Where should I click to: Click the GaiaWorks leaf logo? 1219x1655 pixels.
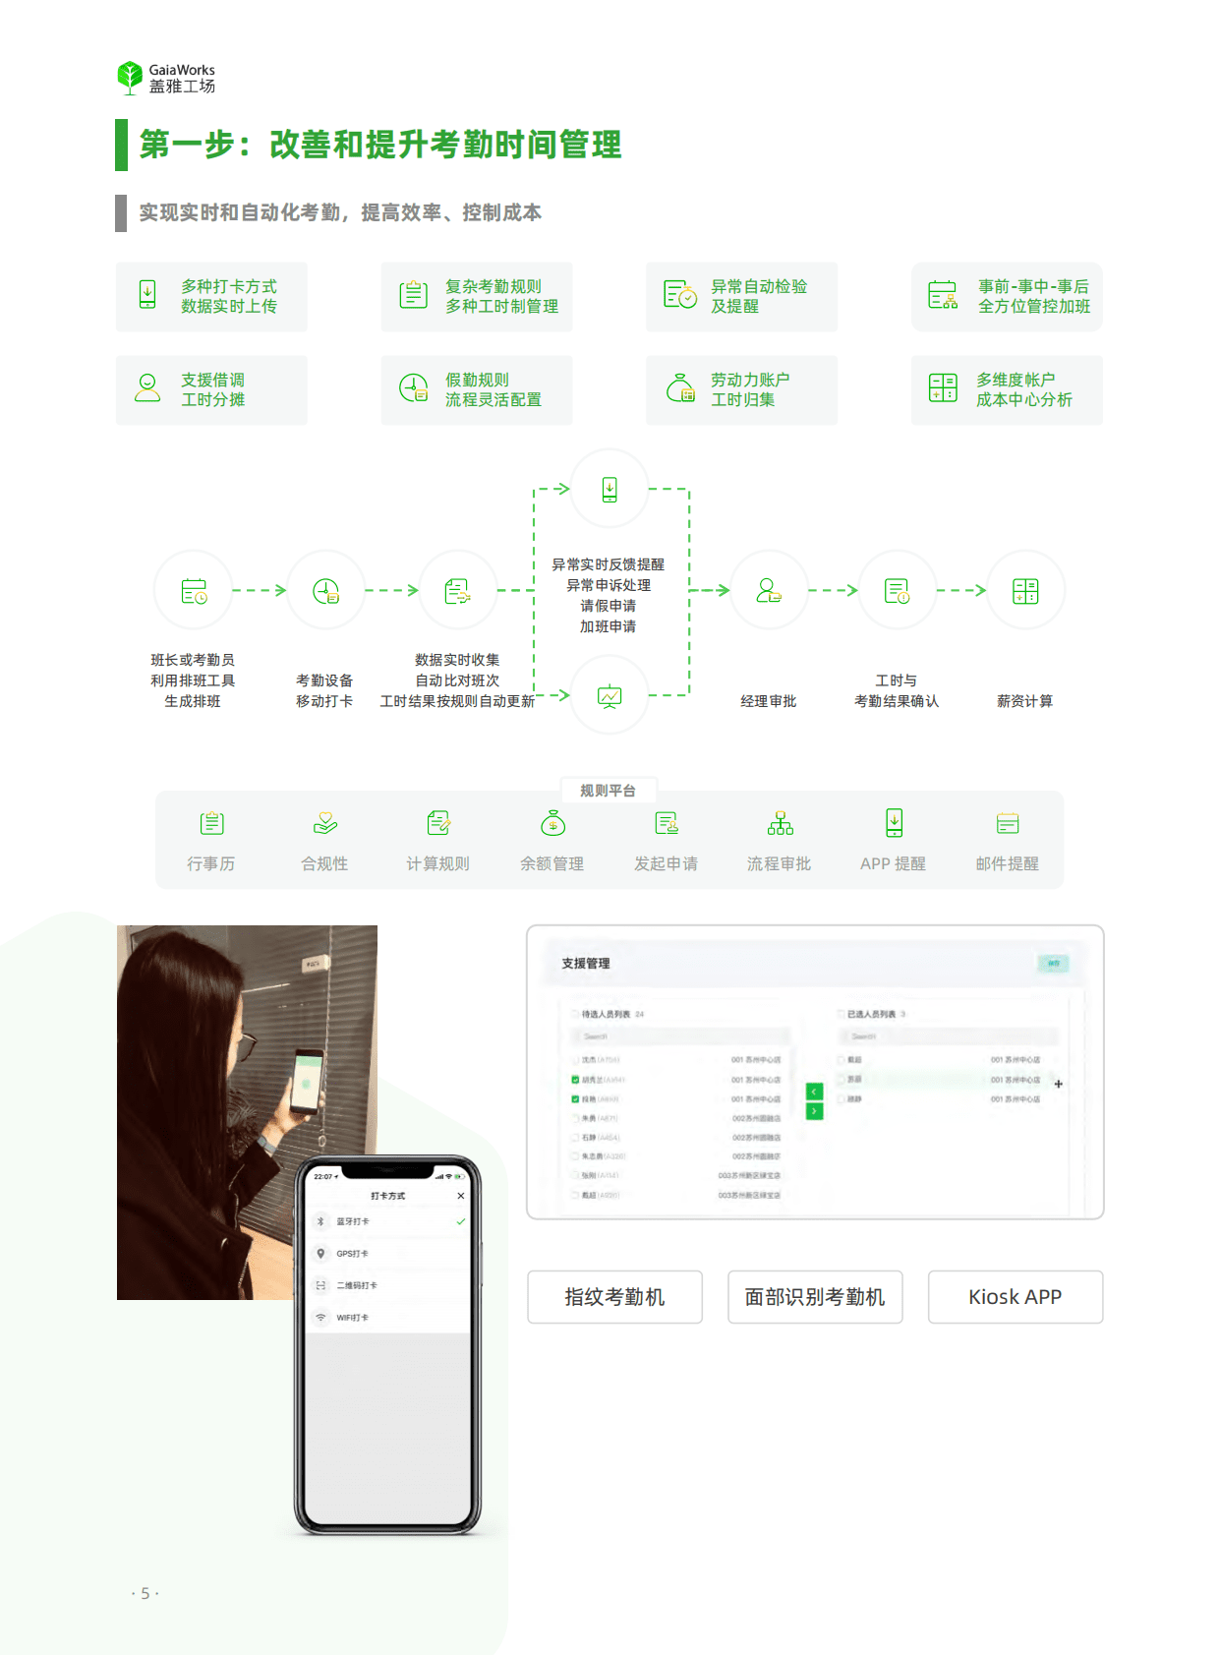pyautogui.click(x=130, y=77)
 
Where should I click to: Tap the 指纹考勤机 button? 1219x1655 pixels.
pyautogui.click(x=614, y=1297)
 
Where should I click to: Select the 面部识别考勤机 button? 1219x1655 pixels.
pyautogui.click(x=815, y=1297)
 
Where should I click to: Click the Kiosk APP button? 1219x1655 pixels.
pyautogui.click(x=1015, y=1297)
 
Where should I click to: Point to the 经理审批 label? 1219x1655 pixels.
pyautogui.click(x=768, y=701)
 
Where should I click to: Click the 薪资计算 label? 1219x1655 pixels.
pyautogui.click(x=1024, y=701)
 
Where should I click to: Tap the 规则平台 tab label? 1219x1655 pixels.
pyautogui.click(x=608, y=791)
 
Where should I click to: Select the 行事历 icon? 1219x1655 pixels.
pyautogui.click(x=211, y=823)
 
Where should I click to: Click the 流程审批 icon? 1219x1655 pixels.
pyautogui.click(x=780, y=823)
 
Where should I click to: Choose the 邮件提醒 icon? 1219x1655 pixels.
pyautogui.click(x=1007, y=823)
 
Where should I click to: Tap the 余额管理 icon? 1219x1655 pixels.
pyautogui.click(x=552, y=823)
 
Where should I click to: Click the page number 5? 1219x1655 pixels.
pyautogui.click(x=145, y=1593)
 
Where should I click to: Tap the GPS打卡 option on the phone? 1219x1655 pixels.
pyautogui.click(x=353, y=1254)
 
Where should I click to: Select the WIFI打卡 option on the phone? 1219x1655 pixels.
pyautogui.click(x=352, y=1318)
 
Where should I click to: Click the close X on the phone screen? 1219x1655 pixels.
pyautogui.click(x=461, y=1196)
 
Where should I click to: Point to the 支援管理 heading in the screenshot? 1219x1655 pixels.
pyautogui.click(x=586, y=964)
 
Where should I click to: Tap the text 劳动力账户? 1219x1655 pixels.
pyautogui.click(x=750, y=380)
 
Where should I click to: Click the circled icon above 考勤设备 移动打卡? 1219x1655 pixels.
pyautogui.click(x=325, y=591)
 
